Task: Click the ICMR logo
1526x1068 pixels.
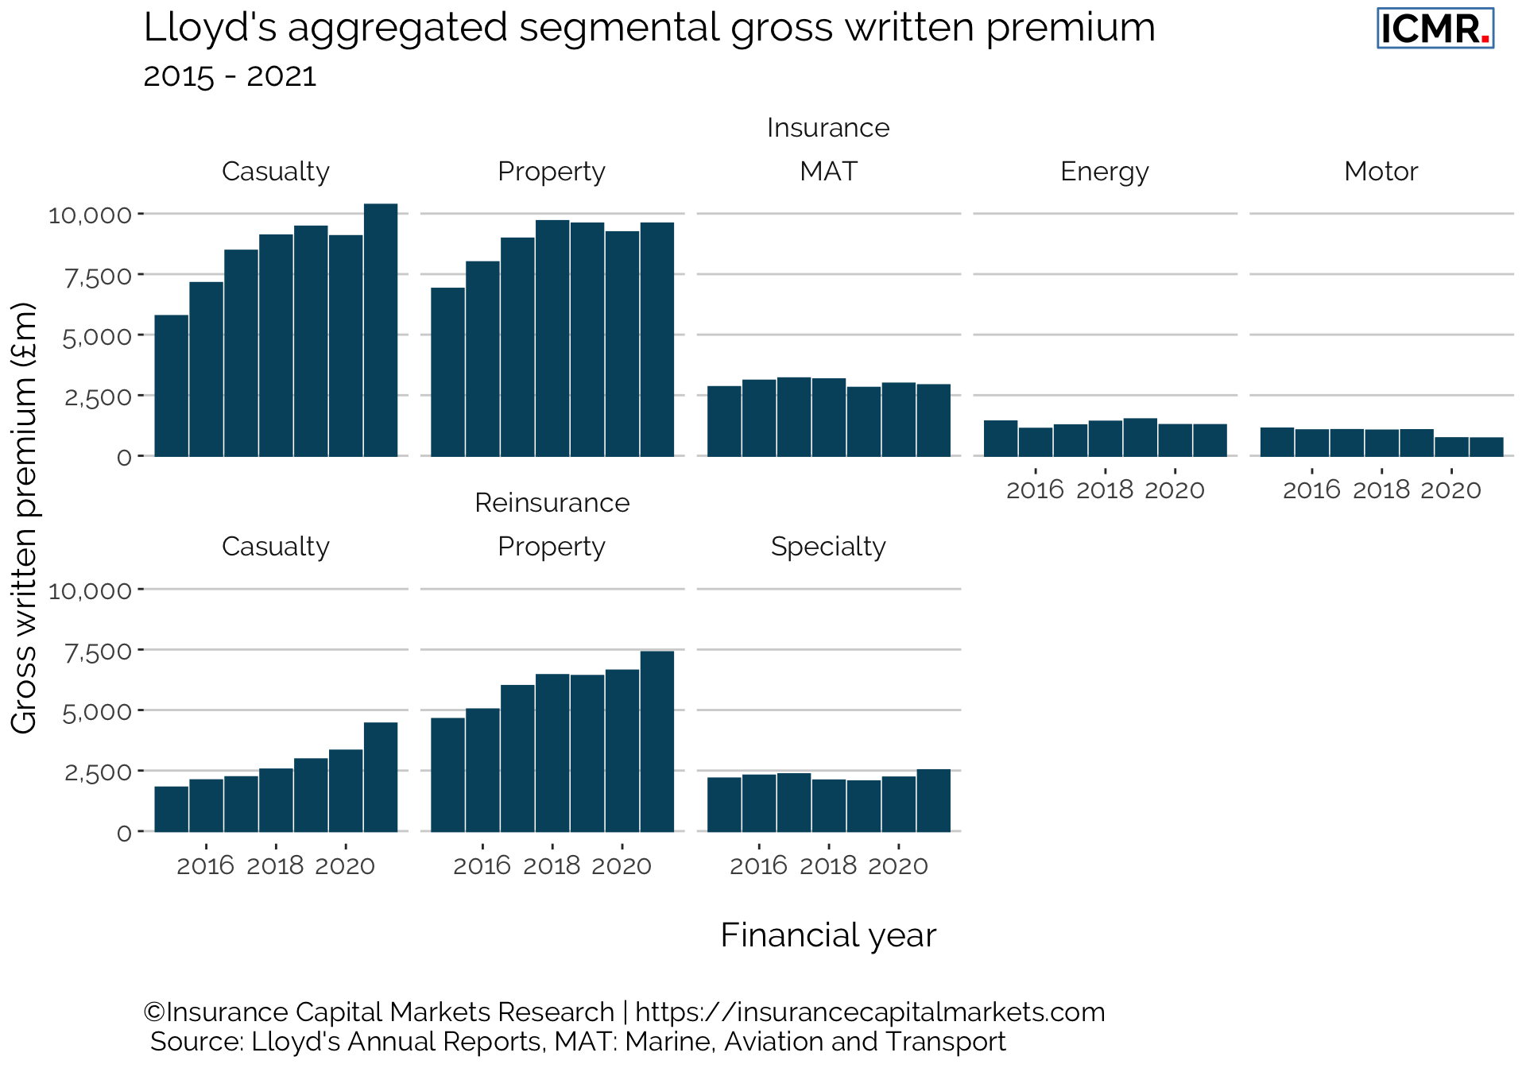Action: tap(1435, 29)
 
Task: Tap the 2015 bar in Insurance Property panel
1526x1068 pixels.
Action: tap(448, 372)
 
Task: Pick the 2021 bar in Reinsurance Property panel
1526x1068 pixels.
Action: tap(657, 741)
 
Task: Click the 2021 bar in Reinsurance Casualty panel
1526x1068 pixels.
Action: tap(381, 776)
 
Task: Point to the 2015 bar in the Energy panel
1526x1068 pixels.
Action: tap(1001, 438)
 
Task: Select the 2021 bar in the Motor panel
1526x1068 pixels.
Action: tap(1486, 447)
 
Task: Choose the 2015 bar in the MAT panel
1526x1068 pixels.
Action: tap(724, 421)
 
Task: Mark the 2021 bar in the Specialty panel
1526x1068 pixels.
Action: tap(933, 800)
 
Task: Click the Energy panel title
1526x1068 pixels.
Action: tap(1104, 172)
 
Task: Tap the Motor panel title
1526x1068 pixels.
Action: tap(1381, 172)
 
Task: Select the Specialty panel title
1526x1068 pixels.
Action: tap(828, 547)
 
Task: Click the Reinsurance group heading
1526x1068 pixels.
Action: tap(552, 503)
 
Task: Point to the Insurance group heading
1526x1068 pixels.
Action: tap(828, 128)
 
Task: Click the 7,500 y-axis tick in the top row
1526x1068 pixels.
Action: tap(98, 277)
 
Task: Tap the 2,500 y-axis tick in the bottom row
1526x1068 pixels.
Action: tap(98, 772)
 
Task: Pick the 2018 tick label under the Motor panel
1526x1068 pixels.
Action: tap(1381, 489)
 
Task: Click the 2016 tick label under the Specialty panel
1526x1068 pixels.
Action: tap(758, 865)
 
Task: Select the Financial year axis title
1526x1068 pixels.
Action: tap(828, 935)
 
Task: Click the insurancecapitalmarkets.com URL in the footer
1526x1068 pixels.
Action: tap(870, 1012)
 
